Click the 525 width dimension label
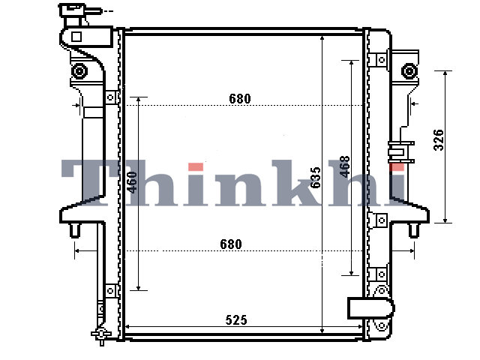(236, 320)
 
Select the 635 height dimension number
(315, 178)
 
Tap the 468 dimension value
(345, 166)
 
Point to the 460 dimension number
(132, 182)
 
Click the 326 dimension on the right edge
(439, 140)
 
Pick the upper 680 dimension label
(240, 98)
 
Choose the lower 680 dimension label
(231, 244)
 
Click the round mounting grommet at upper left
(79, 71)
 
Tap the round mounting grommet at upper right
(409, 71)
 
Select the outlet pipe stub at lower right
(370, 307)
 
